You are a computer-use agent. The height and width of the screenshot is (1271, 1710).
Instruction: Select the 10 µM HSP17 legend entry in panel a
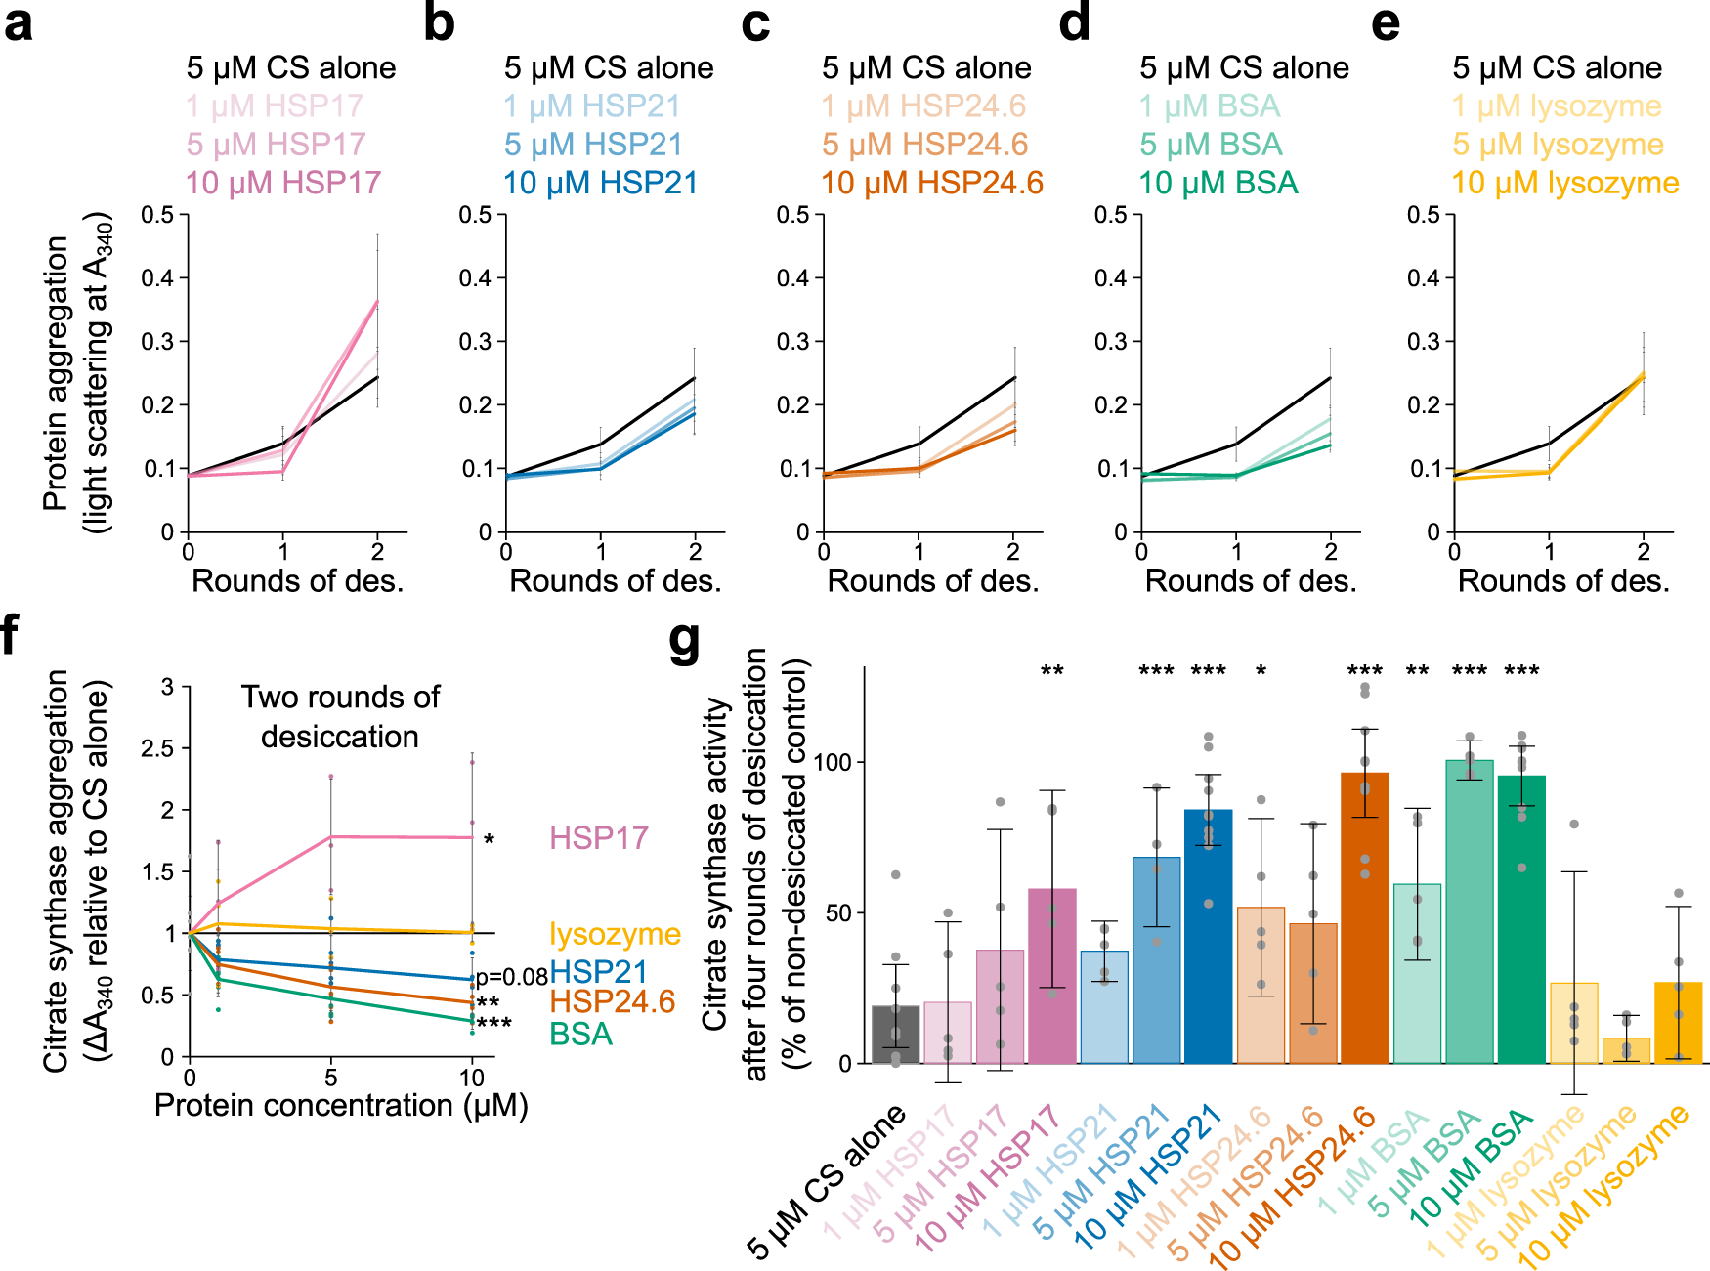pos(283,183)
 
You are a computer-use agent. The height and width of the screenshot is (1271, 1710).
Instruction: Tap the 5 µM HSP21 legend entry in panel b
pos(593,145)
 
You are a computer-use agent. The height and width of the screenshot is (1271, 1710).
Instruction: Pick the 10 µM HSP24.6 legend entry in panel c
pos(932,183)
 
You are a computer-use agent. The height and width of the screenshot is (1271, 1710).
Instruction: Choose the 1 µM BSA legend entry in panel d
pos(1210,106)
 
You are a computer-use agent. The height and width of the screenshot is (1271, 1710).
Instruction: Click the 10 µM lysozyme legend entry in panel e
pos(1565,183)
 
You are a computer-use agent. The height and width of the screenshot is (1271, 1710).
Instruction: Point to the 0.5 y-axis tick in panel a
pos(157,215)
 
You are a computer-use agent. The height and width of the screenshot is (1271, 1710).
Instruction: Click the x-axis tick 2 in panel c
pos(1013,552)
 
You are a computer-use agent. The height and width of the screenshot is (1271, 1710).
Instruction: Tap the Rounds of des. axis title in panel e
pos(1563,581)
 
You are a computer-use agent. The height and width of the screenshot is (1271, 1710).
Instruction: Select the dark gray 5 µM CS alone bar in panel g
pos(895,1036)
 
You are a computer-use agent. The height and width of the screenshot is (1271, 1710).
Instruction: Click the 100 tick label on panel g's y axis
pos(834,762)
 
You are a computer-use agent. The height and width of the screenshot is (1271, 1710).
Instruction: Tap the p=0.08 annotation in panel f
pos(511,977)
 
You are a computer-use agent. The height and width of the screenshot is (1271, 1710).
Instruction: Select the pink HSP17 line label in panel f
pos(598,838)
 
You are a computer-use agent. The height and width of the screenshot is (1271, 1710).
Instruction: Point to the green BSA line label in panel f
pos(580,1034)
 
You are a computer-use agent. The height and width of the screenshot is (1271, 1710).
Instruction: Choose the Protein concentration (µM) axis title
pos(341,1105)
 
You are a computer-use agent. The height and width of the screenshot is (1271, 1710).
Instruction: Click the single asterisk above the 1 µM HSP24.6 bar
pos(1261,672)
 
